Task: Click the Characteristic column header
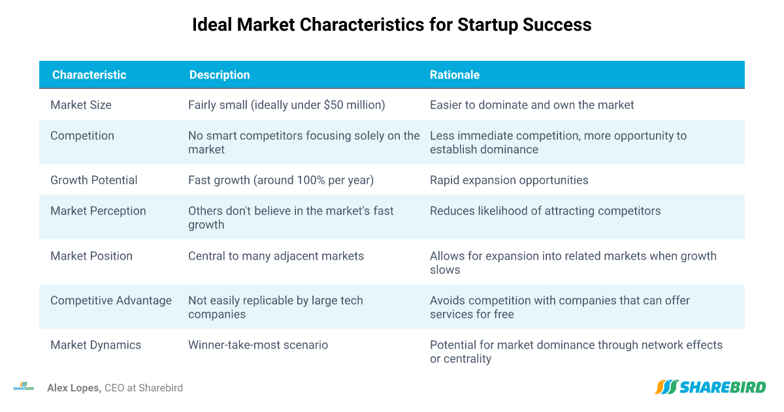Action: click(90, 75)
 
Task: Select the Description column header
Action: click(220, 75)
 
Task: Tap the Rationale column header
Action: click(454, 75)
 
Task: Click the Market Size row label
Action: click(81, 105)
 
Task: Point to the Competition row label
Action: click(82, 135)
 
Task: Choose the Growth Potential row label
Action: click(94, 180)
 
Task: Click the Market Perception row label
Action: click(98, 211)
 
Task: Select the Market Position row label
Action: click(91, 256)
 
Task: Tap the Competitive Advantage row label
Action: click(111, 300)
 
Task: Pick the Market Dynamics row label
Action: click(95, 345)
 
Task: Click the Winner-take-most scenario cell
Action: click(258, 345)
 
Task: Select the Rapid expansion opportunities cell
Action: click(509, 180)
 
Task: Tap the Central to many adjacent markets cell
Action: click(276, 256)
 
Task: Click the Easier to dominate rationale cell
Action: click(532, 105)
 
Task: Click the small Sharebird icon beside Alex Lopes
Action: click(24, 386)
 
